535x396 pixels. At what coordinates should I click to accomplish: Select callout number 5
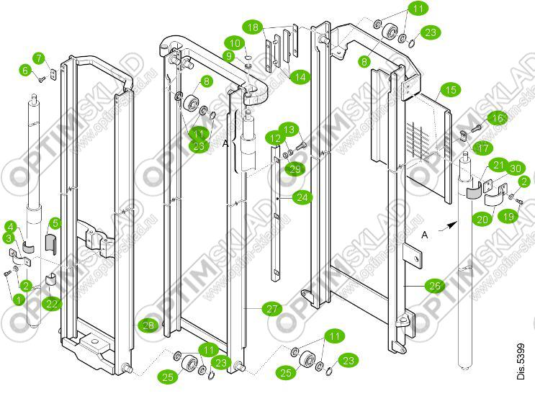pos(55,223)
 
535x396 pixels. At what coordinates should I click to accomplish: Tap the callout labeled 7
pos(39,58)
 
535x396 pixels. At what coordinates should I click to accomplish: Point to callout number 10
pos(235,42)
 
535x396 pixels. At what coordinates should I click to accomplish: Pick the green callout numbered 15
pos(450,91)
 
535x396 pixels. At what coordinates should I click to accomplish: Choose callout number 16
pos(498,117)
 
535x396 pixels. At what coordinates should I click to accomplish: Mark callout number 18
pos(251,28)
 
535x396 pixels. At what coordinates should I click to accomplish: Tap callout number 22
pos(49,305)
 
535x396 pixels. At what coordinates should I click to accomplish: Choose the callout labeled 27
pos(271,310)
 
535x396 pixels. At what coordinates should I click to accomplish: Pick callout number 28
pos(148,325)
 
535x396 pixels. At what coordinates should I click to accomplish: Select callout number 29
pos(294,168)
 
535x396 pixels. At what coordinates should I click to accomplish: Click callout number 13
pos(288,130)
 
